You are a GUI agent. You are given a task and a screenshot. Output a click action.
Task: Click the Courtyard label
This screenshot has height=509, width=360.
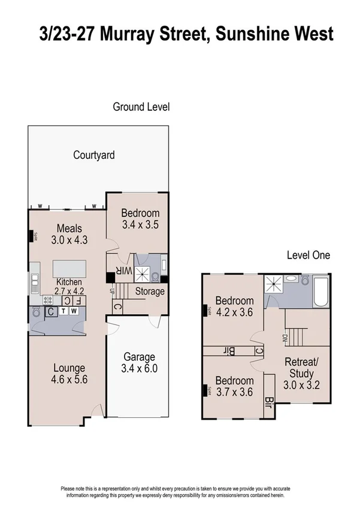click(x=94, y=155)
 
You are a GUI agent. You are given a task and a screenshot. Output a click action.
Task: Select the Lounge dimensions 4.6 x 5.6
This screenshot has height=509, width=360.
click(x=68, y=378)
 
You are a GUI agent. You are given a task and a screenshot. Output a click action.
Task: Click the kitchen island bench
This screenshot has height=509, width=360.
click(x=69, y=268)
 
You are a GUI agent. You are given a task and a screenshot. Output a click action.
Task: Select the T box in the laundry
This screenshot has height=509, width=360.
click(x=62, y=311)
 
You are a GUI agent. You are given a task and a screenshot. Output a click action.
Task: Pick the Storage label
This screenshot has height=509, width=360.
click(x=150, y=291)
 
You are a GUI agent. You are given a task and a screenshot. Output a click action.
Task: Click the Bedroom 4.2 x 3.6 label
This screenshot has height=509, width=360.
click(x=234, y=306)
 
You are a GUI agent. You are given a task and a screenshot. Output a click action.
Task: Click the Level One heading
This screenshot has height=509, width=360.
click(x=308, y=255)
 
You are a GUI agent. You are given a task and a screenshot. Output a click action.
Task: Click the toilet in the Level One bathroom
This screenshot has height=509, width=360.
click(x=305, y=279)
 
